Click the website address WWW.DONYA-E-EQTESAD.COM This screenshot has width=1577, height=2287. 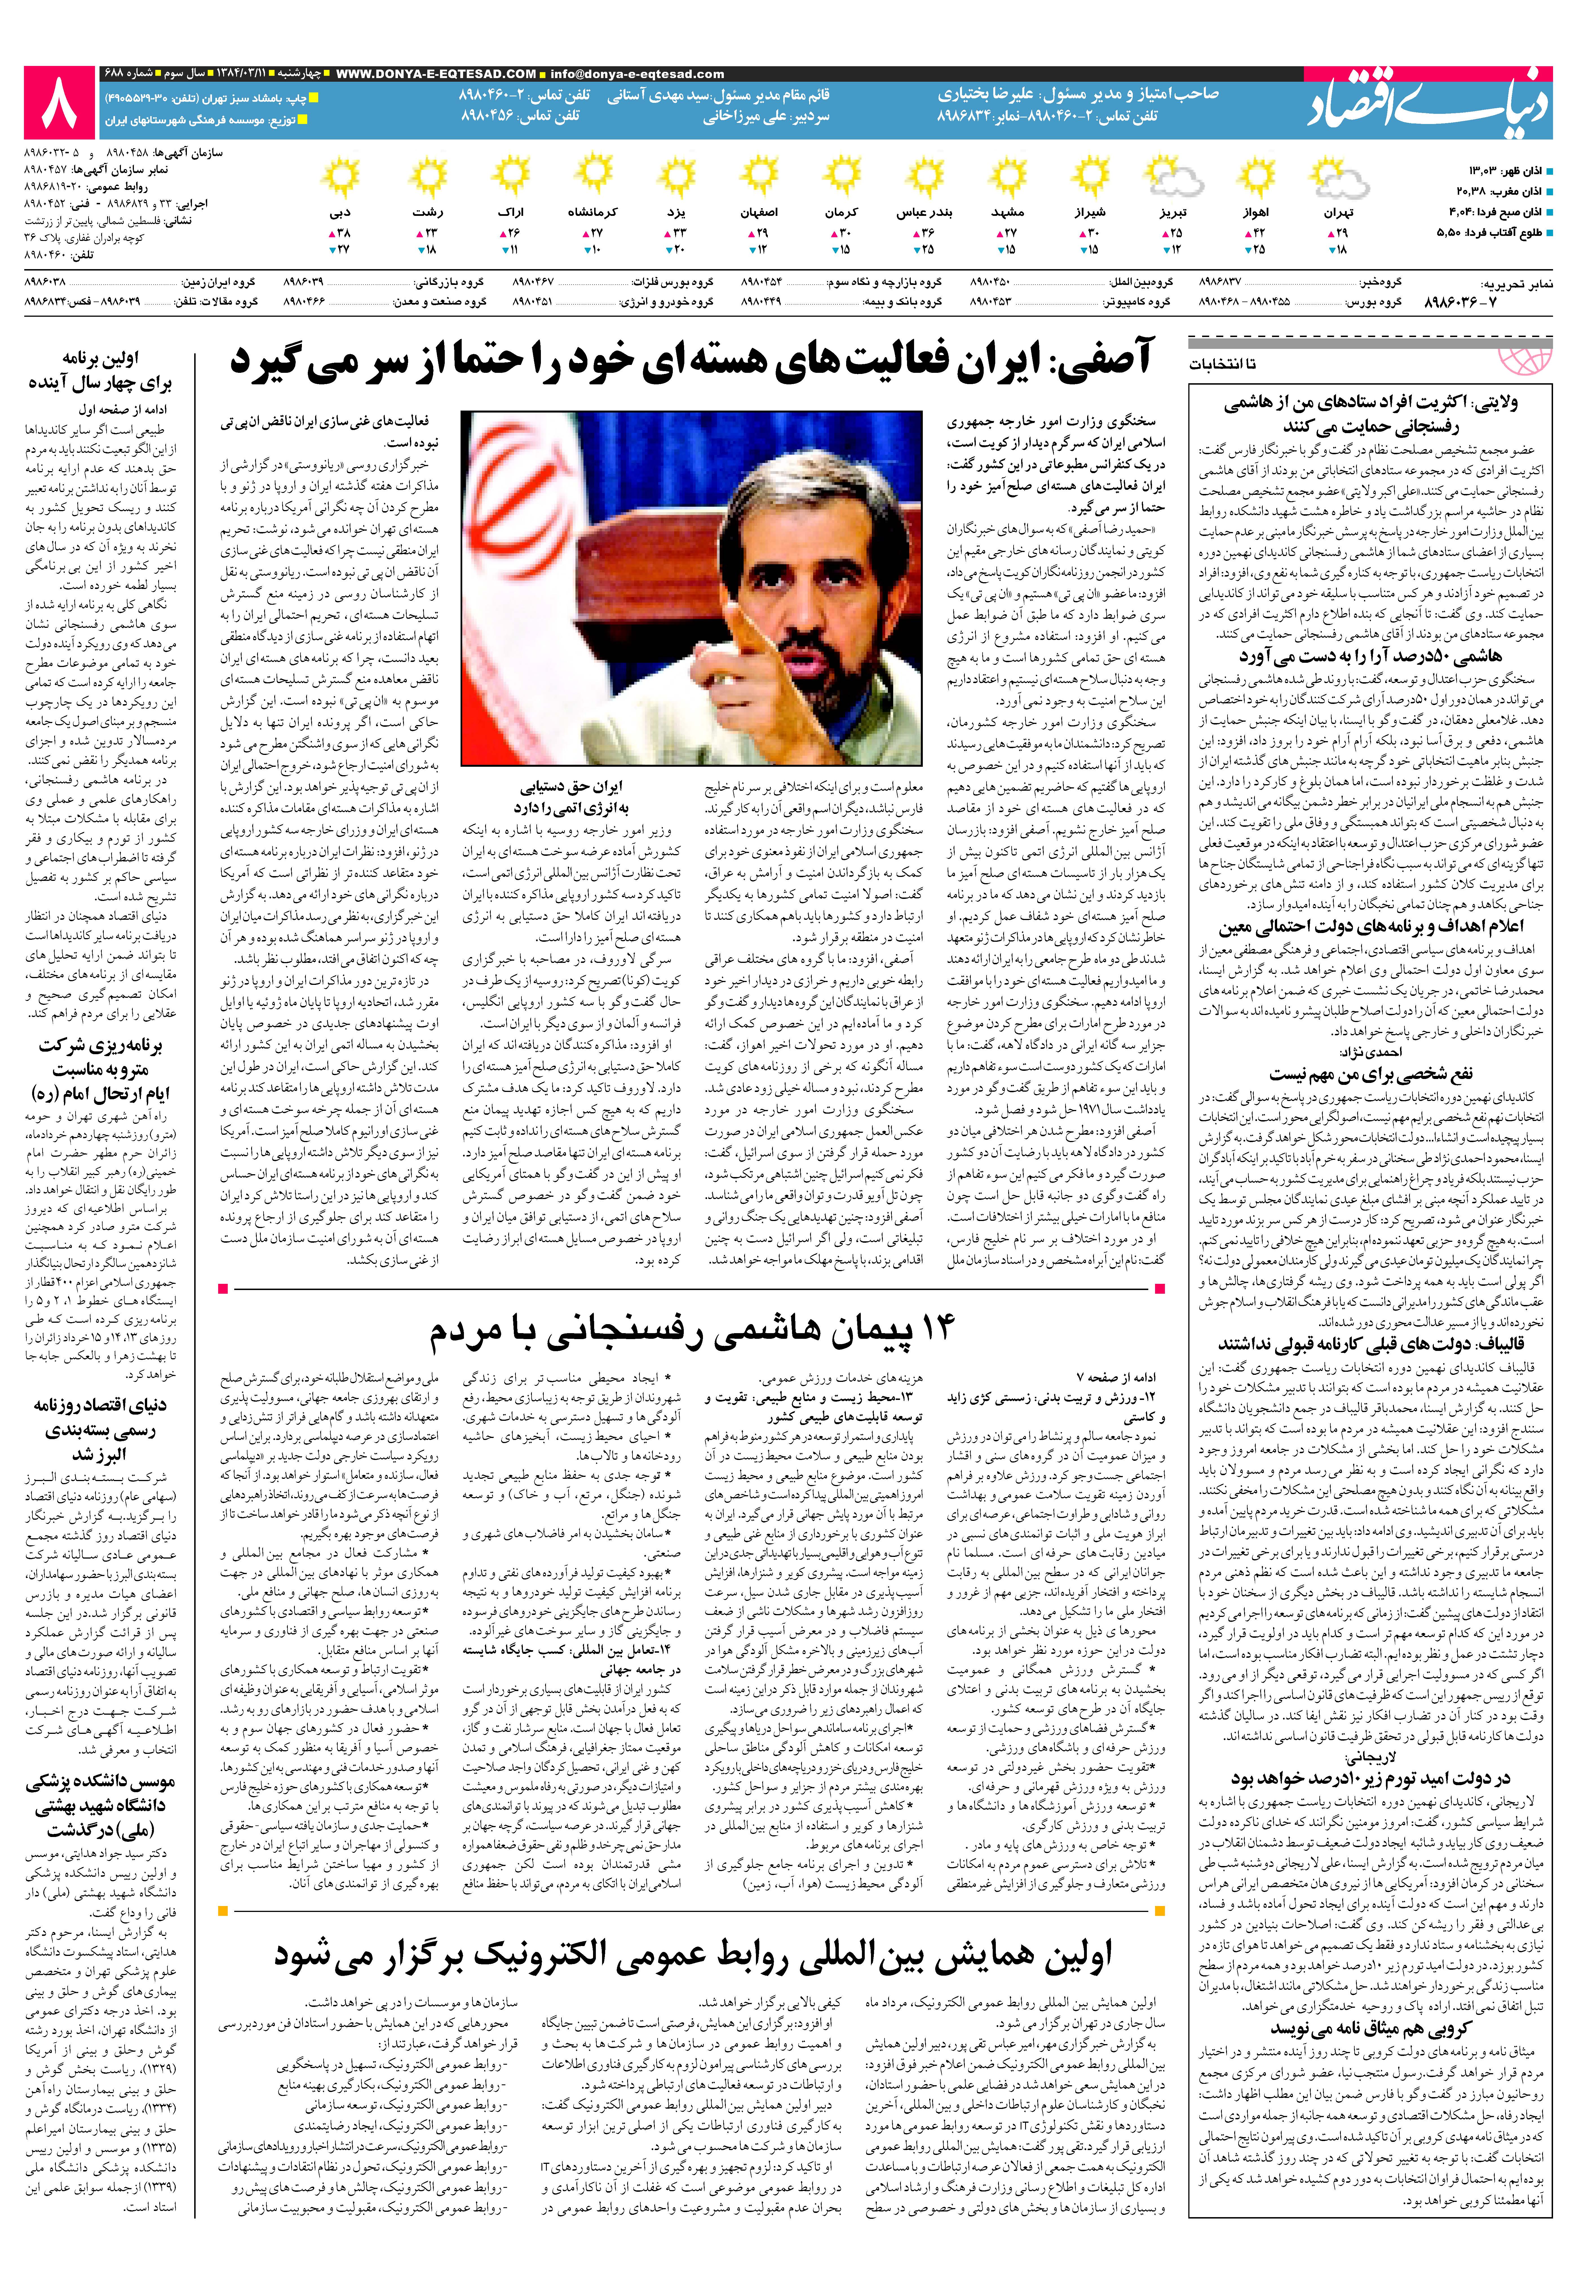[x=436, y=74]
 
